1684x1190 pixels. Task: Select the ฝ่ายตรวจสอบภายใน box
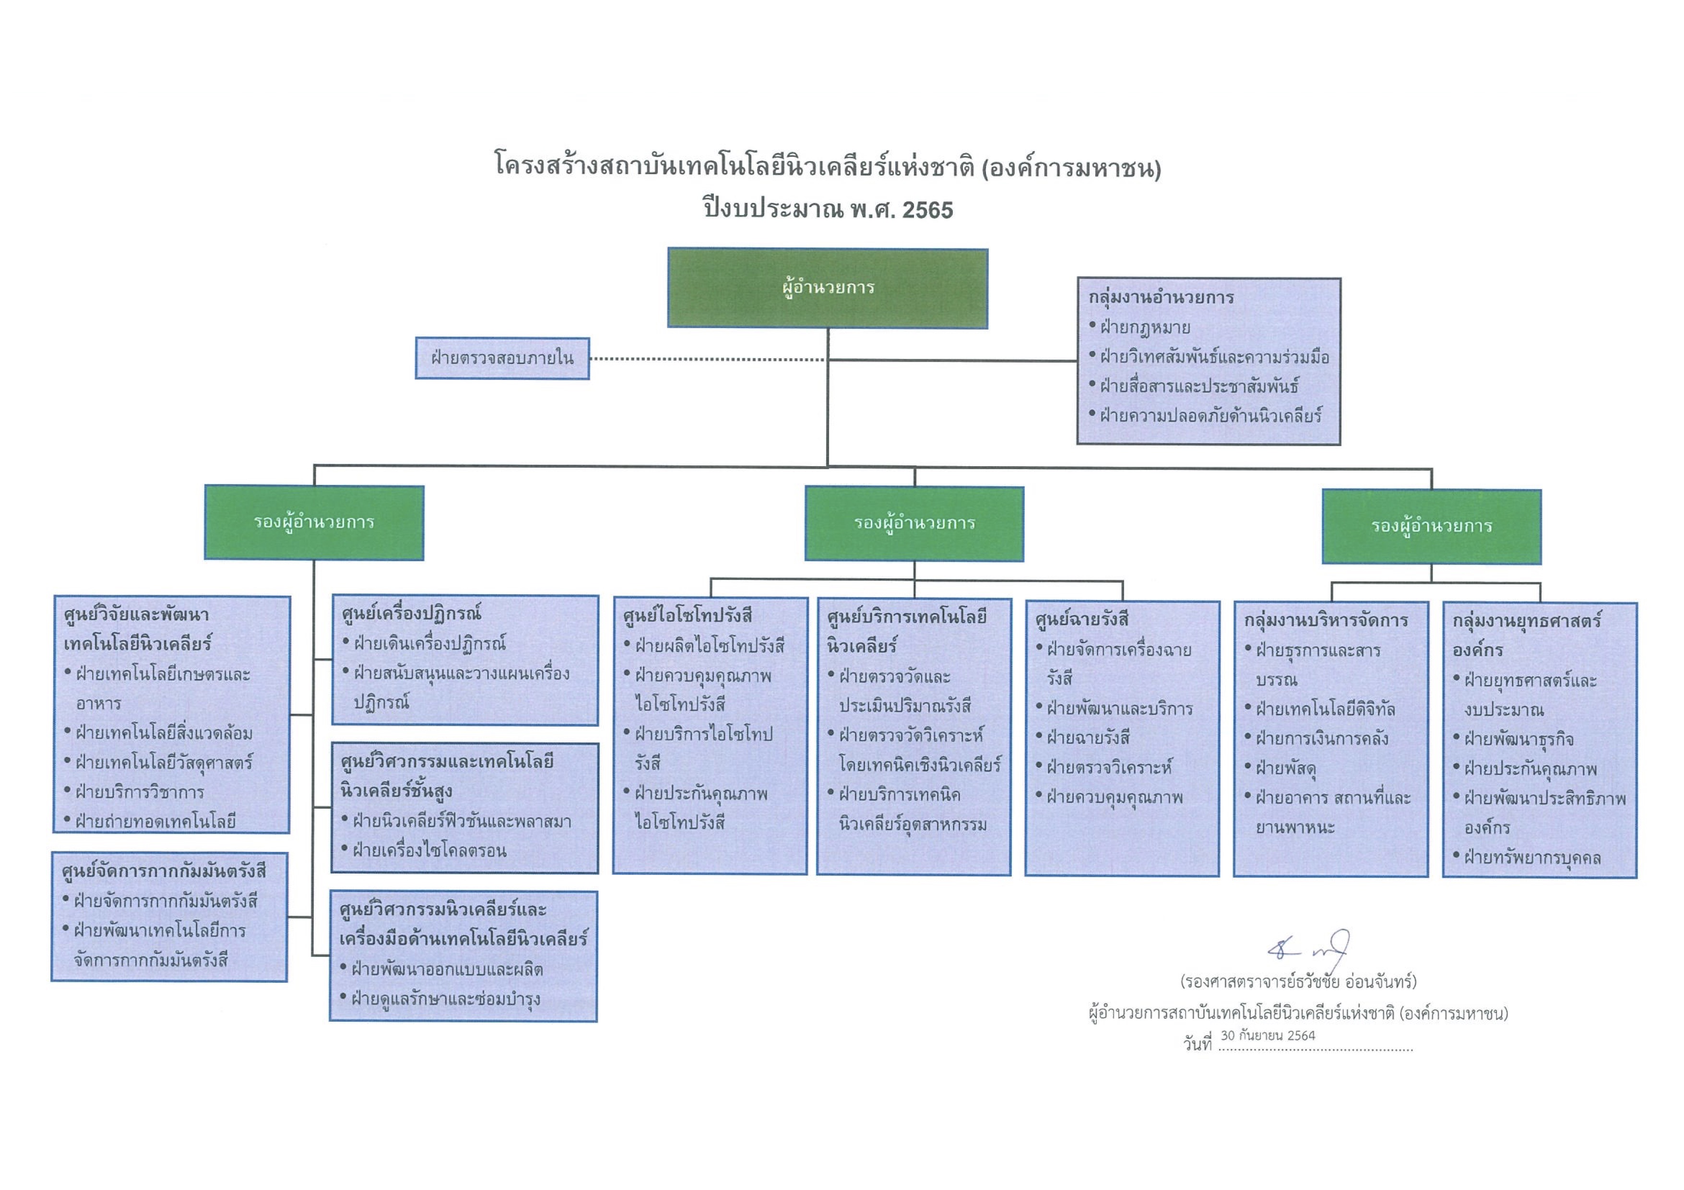(502, 359)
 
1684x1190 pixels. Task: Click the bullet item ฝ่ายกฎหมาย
(1144, 328)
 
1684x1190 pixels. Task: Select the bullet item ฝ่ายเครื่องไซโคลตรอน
(429, 850)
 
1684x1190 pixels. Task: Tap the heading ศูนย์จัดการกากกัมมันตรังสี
(164, 871)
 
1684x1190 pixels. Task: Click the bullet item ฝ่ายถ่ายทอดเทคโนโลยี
(155, 821)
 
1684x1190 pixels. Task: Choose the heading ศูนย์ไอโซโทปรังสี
(687, 616)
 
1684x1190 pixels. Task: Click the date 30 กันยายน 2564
(1268, 1035)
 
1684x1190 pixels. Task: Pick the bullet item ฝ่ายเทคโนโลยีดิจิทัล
(1325, 709)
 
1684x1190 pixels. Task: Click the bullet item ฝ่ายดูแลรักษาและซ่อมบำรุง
(446, 999)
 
